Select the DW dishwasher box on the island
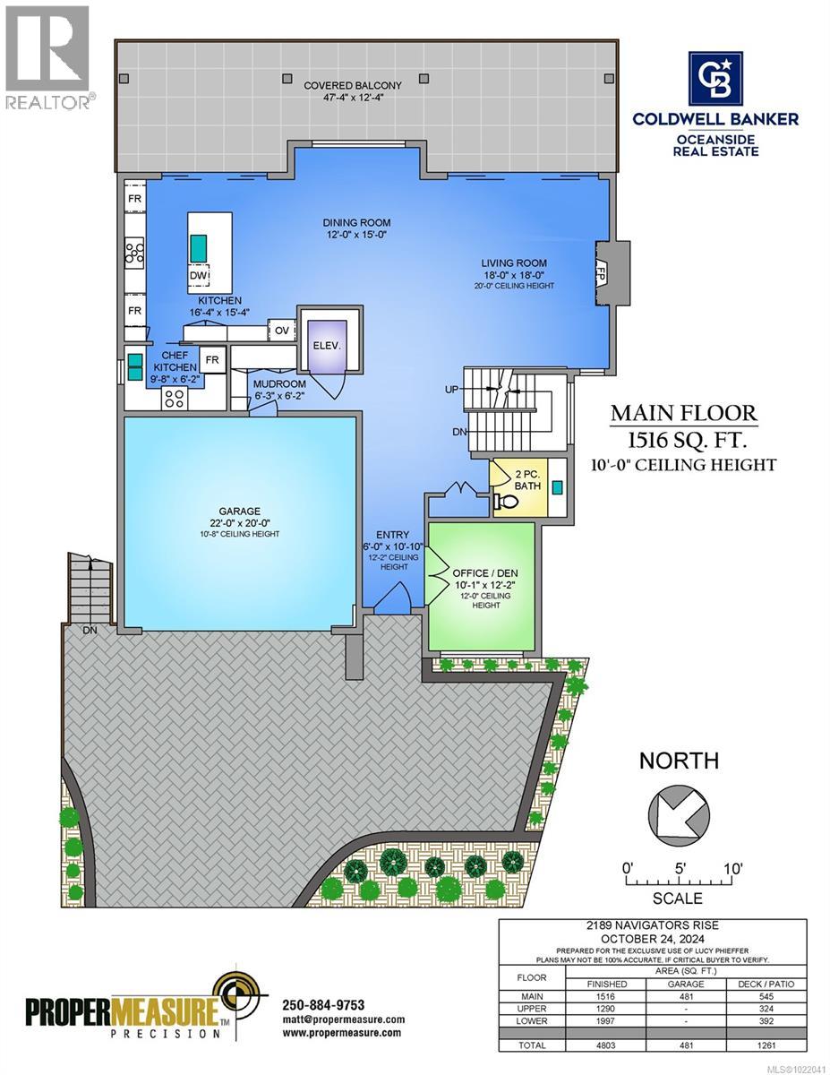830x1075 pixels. point(198,276)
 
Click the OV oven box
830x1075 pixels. point(281,331)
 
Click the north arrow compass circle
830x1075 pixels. point(679,816)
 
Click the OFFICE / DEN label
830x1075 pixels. point(483,572)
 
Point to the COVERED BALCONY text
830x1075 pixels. point(364,85)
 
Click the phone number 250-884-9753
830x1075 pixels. point(323,1004)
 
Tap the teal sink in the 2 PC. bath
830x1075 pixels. point(557,487)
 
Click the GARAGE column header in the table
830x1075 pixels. point(685,984)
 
